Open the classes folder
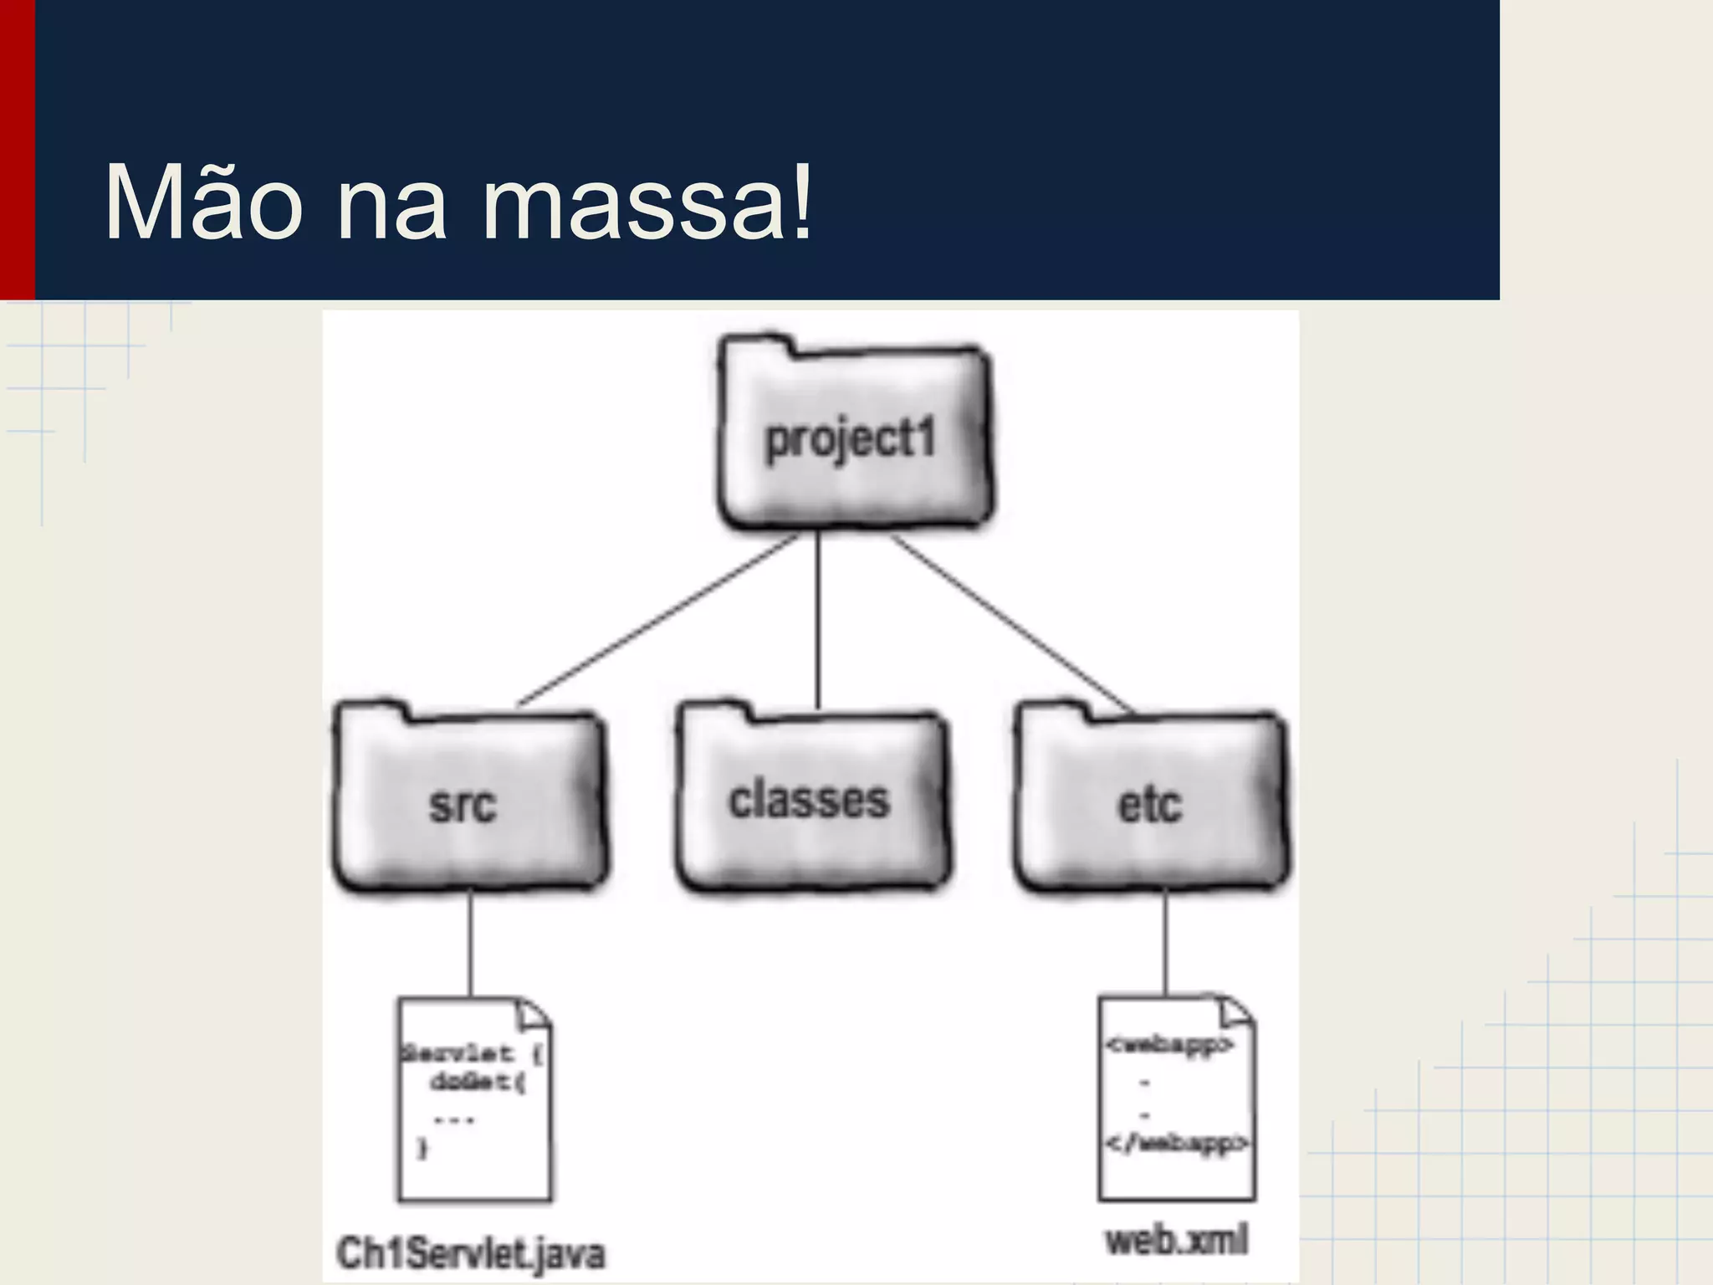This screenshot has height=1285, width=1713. pos(811,800)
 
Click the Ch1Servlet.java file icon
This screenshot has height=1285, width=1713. pos(474,1099)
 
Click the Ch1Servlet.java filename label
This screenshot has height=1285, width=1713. pos(470,1253)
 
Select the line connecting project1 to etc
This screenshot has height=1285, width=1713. pos(1012,623)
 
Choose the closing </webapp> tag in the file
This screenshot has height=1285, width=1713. pos(1177,1143)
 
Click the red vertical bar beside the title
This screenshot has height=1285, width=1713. pos(17,151)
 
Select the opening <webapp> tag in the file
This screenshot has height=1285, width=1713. pos(1169,1045)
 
